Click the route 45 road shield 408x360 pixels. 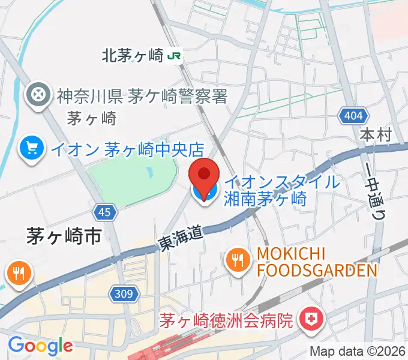pos(104,211)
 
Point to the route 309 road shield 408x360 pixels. pos(125,293)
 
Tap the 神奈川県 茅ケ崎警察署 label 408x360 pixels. pos(142,95)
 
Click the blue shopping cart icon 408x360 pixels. pos(30,148)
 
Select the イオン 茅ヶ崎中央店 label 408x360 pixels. pos(127,148)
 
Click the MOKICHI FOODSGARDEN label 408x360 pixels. pos(317,262)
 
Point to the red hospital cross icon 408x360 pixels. pos(311,317)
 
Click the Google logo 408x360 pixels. pos(40,345)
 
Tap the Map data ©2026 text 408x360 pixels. pos(357,352)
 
